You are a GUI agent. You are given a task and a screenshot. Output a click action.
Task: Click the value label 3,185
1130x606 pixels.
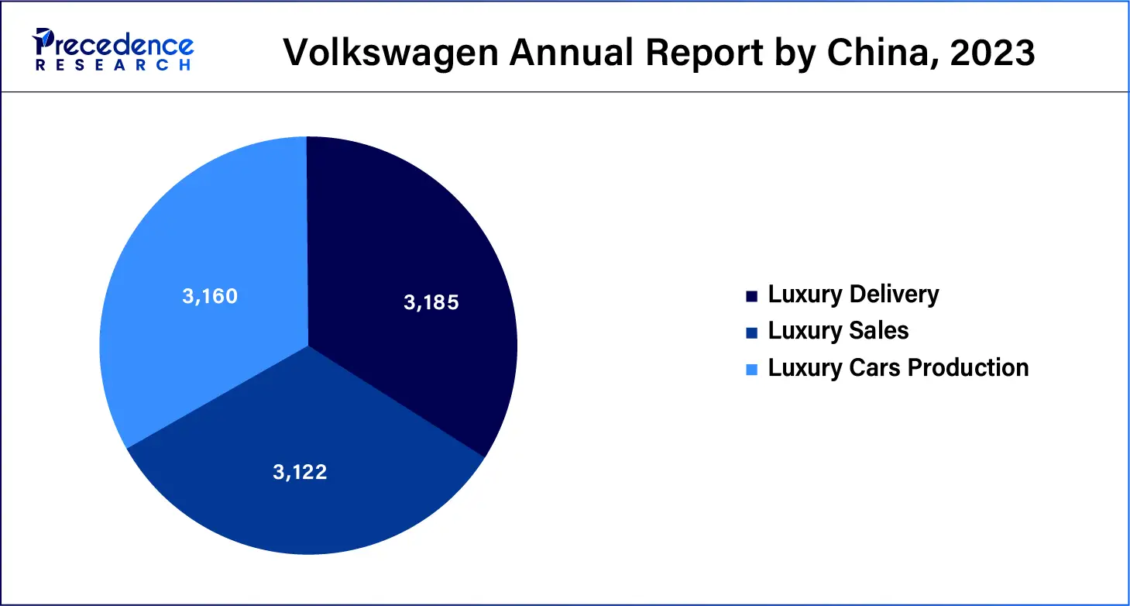coord(431,302)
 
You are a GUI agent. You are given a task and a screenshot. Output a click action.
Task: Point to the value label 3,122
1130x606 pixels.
coord(300,472)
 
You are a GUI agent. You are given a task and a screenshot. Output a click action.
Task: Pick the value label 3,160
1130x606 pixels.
coord(210,296)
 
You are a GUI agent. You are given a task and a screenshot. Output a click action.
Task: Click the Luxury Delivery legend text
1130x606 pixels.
coord(853,294)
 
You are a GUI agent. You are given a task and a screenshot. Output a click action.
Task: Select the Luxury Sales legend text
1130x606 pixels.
coord(838,331)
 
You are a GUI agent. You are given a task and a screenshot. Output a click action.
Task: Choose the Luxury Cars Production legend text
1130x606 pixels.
coord(898,367)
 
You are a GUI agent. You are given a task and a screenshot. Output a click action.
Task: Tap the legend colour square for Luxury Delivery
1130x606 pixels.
coord(750,296)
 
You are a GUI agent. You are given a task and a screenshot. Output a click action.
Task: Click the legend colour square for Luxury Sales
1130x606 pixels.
coord(750,332)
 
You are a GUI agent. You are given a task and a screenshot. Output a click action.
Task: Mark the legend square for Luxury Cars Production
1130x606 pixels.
coord(750,369)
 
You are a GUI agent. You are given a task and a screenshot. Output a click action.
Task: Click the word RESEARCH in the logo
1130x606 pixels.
coord(113,66)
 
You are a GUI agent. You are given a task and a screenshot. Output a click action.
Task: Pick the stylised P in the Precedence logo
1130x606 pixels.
coord(43,43)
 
